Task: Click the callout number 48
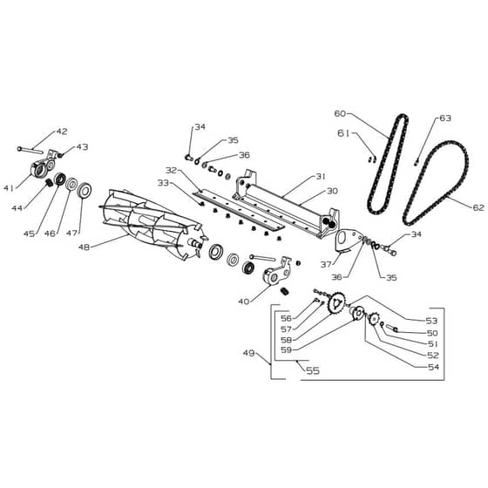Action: point(84,247)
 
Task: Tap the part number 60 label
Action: point(340,113)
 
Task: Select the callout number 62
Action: point(478,207)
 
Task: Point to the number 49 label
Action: point(249,353)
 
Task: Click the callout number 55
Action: point(313,370)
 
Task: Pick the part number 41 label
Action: point(9,188)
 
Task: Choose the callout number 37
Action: point(326,265)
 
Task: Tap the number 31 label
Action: point(321,176)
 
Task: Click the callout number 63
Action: point(445,119)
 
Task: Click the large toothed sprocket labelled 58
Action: point(335,302)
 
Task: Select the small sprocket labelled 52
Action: point(374,319)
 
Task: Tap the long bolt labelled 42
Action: point(30,150)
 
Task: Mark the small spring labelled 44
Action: point(49,182)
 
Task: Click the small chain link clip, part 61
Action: point(372,159)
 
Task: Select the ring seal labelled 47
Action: point(84,191)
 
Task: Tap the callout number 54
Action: point(433,367)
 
